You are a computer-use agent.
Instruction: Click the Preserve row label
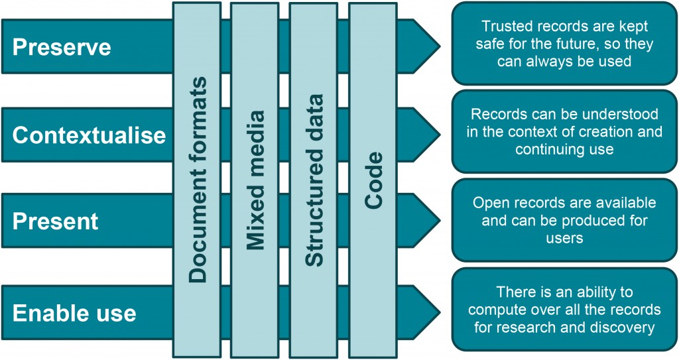pos(62,48)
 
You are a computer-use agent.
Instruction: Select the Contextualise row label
pos(89,135)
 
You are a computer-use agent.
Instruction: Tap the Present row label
pos(55,221)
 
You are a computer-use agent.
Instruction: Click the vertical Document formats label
pos(197,180)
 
